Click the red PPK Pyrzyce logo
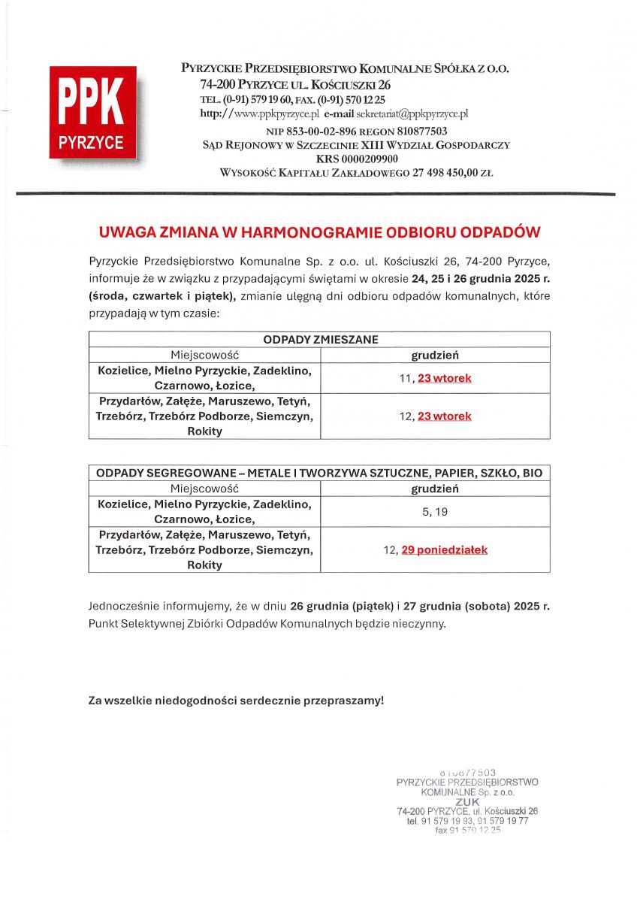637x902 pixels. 92,113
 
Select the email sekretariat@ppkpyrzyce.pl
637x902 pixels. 412,114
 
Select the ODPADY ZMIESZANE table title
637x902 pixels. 320,340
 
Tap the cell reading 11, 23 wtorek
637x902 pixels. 435,378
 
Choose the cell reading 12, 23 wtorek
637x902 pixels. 435,416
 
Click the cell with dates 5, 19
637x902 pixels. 435,512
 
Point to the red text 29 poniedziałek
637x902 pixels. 444,550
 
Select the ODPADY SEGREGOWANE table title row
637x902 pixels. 320,474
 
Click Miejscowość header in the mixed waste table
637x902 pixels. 204,355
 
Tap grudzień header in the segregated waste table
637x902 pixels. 435,489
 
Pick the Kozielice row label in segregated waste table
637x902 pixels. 204,511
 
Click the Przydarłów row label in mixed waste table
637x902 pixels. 204,416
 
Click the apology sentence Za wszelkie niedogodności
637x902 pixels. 236,701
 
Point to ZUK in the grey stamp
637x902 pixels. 467,801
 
